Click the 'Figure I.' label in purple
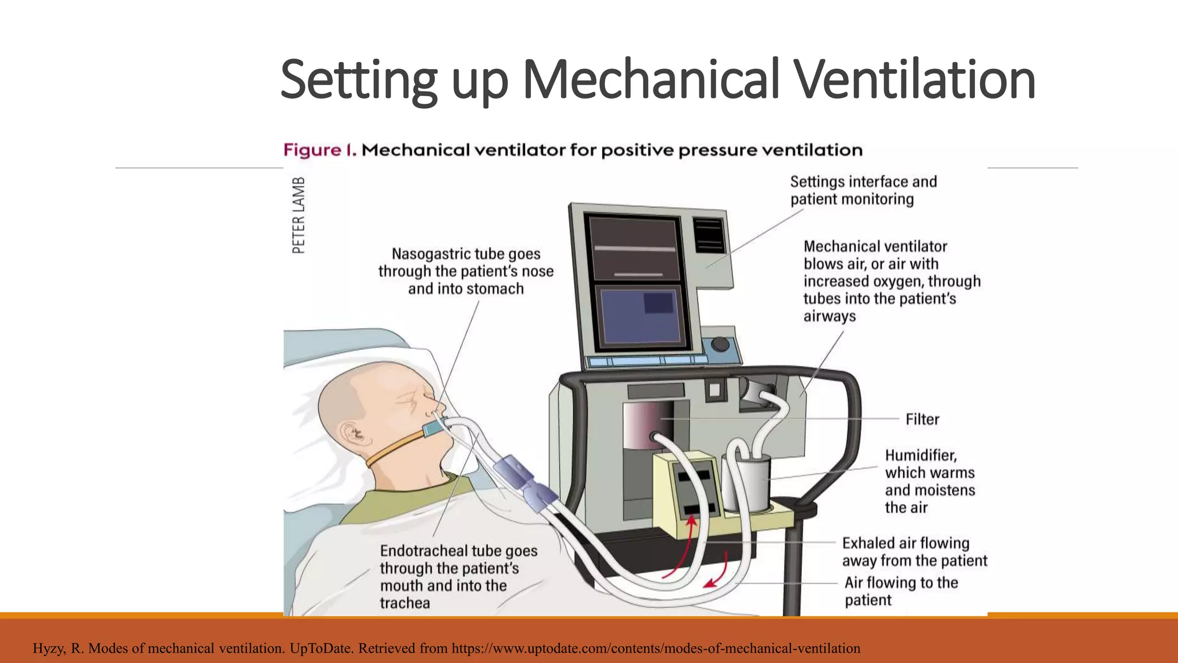320,151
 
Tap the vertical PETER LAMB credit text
299,215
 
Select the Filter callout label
922,420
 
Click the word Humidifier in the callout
920,455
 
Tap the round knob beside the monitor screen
720,344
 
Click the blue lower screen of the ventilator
640,316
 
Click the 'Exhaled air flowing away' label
914,552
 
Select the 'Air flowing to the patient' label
900,591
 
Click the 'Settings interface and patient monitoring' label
863,190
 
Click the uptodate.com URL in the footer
656,649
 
